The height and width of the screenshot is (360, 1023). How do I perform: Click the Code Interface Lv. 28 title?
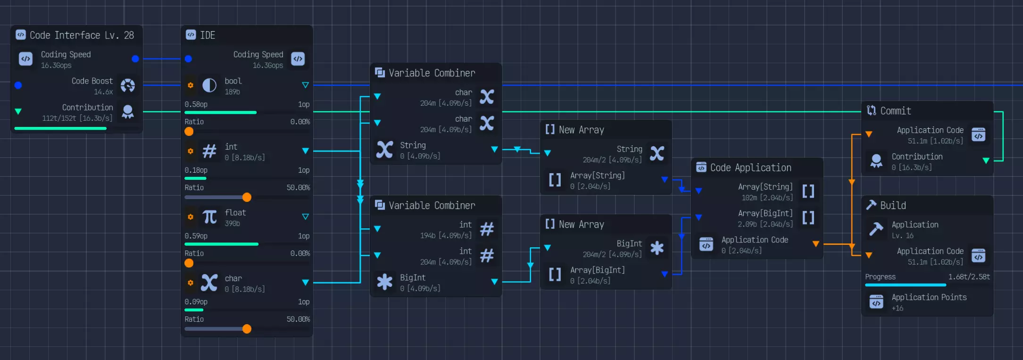coord(82,35)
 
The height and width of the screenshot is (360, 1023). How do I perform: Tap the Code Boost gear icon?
coord(128,85)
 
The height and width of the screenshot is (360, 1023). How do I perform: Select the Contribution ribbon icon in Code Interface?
coord(128,112)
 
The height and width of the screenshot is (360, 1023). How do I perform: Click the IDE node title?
coord(208,35)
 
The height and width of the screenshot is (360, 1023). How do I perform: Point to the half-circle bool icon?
coord(209,85)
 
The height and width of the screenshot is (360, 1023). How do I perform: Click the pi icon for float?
coord(209,217)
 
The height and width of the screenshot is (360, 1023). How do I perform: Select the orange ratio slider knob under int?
coord(247,197)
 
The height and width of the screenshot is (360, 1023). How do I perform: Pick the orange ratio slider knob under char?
coord(247,329)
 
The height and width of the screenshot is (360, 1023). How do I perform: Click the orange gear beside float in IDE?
coord(191,217)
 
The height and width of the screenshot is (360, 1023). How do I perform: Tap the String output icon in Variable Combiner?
coord(385,150)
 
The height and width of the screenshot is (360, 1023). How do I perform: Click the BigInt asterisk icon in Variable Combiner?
coord(385,282)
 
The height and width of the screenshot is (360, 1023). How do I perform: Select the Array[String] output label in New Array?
coord(597,176)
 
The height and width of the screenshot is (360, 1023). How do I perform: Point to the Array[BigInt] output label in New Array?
coord(597,270)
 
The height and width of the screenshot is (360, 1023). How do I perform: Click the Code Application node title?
coord(750,168)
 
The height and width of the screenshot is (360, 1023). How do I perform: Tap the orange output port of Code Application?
coord(815,244)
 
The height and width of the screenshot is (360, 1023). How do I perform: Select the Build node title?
coord(893,206)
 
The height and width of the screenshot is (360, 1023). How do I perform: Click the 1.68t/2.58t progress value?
coord(969,277)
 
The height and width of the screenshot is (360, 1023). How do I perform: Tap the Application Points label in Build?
coord(929,297)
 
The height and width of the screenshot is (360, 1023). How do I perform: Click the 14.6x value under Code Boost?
coord(103,92)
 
